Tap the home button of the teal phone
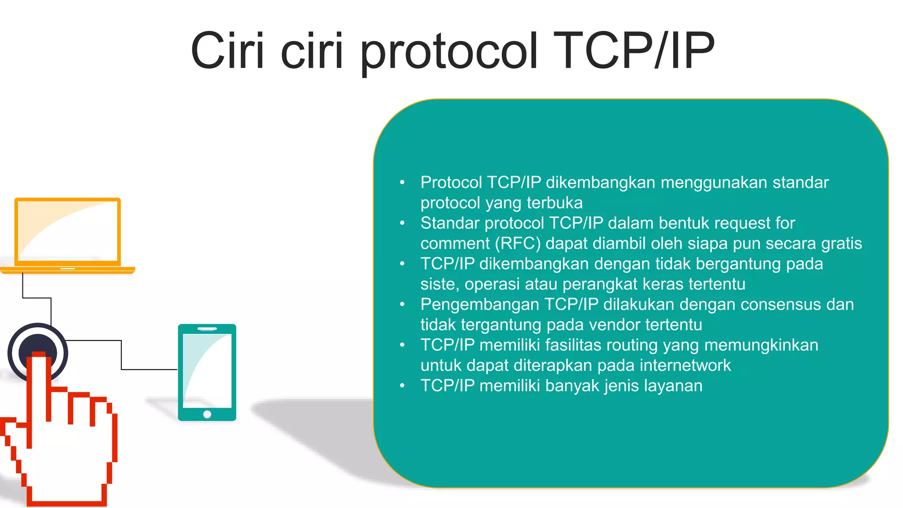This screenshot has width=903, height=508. click(x=207, y=414)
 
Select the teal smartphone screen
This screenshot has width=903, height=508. click(x=207, y=371)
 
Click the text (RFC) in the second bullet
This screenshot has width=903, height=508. click(x=518, y=243)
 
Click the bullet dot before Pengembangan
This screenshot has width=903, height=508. click(x=402, y=304)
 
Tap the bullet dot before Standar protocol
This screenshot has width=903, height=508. click(x=402, y=223)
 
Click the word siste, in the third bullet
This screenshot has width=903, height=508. click(x=440, y=284)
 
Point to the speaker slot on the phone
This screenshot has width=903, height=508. click(x=207, y=329)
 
